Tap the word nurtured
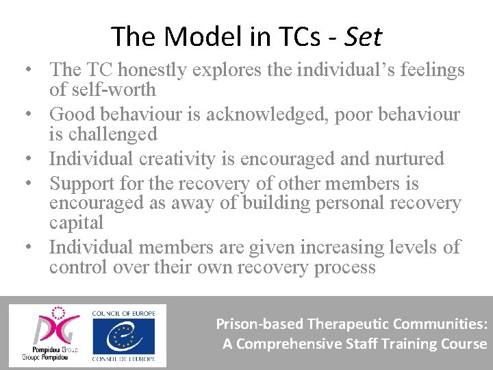click(409, 159)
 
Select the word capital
click(76, 223)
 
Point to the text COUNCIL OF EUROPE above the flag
click(123, 312)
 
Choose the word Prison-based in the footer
click(260, 324)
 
